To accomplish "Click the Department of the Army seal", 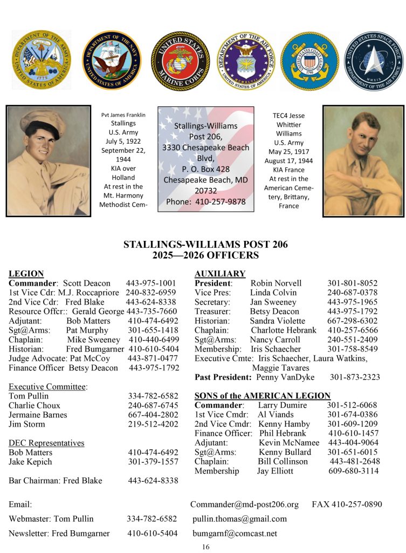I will (41, 60).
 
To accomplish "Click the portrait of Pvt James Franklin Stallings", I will (48, 160).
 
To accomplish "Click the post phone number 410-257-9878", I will (221, 201).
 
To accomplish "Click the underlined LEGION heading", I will (26, 274).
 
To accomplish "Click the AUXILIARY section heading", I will (219, 274).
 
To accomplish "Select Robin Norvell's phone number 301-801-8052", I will (352, 283).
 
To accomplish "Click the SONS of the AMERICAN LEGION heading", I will (262, 396).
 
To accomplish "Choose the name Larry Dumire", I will (282, 405).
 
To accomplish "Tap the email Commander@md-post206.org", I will (244, 504).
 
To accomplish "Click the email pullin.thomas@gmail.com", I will (239, 519).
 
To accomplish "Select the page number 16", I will (205, 547).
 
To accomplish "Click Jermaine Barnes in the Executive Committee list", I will (38, 415).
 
